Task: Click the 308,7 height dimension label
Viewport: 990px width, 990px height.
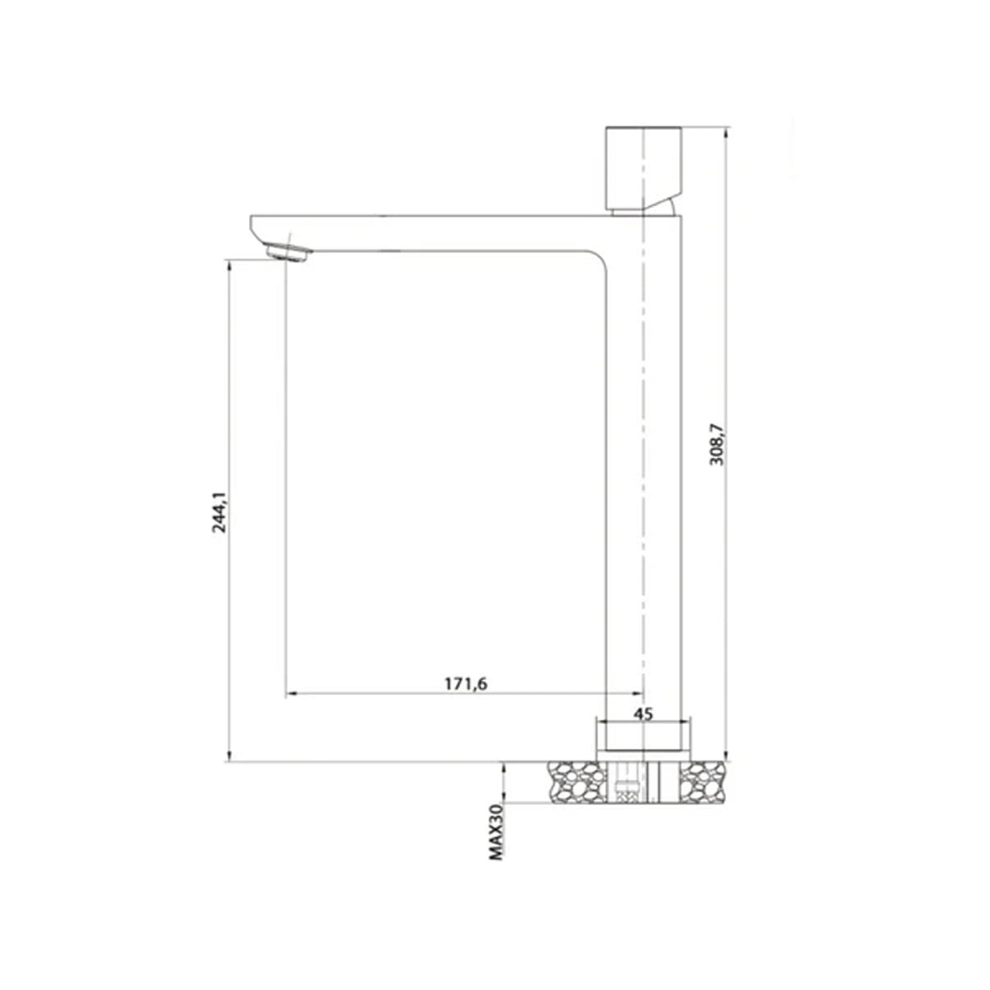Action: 717,444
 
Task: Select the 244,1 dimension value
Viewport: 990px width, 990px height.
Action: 218,512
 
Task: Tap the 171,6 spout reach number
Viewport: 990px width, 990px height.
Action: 465,684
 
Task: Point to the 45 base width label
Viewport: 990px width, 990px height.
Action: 643,714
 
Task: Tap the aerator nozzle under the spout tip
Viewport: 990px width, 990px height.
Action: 288,253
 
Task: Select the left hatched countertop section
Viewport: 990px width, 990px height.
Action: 576,782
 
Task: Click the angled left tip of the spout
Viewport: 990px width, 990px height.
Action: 255,228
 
